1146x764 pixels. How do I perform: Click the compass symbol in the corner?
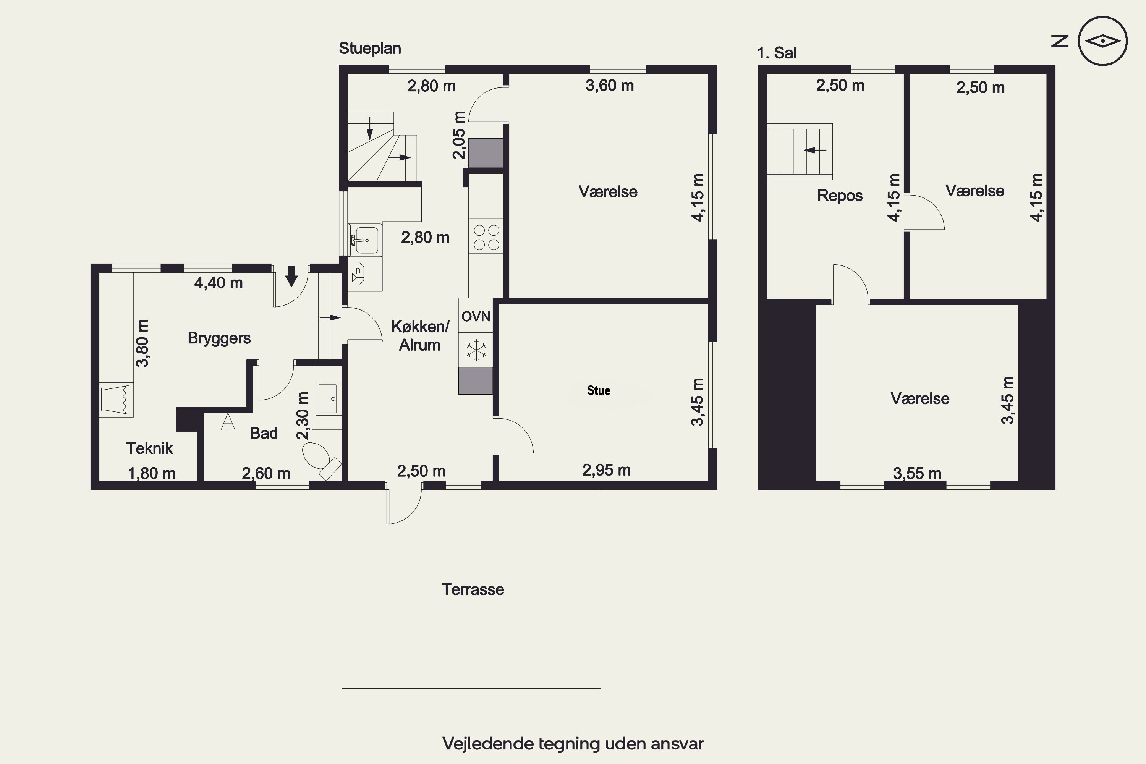(1102, 41)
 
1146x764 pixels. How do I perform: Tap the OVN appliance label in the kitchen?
(476, 317)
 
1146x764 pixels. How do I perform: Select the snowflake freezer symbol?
(476, 350)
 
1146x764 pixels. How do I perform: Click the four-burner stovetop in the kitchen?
(486, 237)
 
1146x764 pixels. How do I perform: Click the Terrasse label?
(473, 589)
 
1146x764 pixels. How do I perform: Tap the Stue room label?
(599, 390)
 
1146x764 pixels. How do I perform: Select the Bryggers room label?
(219, 338)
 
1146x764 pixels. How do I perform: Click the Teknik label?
(150, 448)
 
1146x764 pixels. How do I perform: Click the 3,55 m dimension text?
(917, 473)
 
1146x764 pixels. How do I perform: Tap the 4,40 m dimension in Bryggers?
(218, 283)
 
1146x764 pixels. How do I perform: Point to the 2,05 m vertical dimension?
(460, 135)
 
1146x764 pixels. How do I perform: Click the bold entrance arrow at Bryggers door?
(291, 276)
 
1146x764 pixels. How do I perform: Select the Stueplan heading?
(370, 48)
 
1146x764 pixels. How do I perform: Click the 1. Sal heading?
(777, 53)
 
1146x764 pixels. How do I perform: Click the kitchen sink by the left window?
(364, 240)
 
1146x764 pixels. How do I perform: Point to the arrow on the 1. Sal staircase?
(815, 150)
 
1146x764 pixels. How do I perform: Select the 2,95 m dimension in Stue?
(607, 470)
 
